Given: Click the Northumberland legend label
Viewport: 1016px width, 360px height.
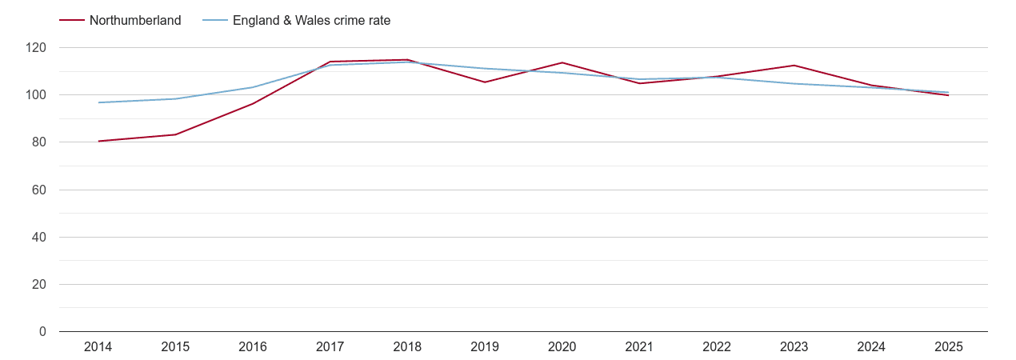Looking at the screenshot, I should click(135, 21).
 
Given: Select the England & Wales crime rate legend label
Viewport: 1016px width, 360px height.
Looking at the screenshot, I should click(311, 21).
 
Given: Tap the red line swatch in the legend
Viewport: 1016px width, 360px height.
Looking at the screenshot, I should click(72, 21).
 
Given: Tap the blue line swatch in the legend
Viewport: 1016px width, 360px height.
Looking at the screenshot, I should click(214, 21).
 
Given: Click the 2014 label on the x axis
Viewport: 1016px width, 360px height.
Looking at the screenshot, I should click(98, 347).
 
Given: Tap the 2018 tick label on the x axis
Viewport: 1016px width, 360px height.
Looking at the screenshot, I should click(407, 347).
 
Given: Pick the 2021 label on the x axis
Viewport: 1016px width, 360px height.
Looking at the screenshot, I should click(639, 347).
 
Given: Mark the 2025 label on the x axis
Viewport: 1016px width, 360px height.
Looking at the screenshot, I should click(949, 347).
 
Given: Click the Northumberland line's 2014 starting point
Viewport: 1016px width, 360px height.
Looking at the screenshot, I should click(98, 141).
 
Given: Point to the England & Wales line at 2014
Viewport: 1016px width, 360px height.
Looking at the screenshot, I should click(98, 102).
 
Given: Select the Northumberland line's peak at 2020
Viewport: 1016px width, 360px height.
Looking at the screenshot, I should click(562, 62).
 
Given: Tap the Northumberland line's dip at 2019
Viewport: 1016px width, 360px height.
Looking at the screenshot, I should click(485, 82).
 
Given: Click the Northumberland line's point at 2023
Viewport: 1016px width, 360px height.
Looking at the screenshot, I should click(794, 66).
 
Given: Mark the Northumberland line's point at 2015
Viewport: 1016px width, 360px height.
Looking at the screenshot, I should click(175, 134).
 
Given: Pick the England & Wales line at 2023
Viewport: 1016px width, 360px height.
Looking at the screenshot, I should click(794, 84).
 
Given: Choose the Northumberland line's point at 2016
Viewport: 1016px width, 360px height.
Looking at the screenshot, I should click(253, 104).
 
